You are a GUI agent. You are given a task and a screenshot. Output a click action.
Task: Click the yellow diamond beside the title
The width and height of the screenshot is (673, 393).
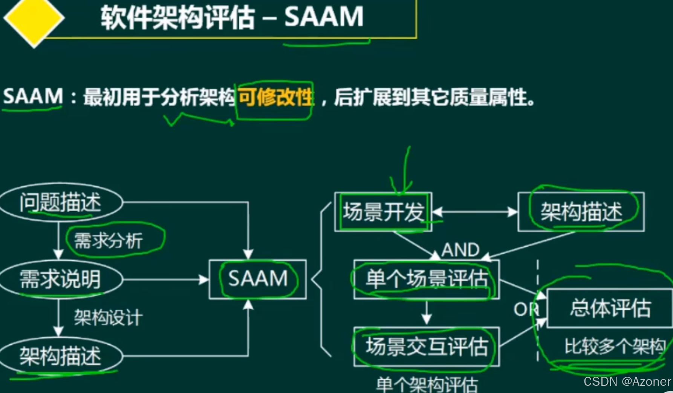pos(34,18)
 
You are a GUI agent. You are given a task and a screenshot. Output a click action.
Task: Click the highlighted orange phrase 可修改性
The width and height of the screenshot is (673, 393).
pos(275,97)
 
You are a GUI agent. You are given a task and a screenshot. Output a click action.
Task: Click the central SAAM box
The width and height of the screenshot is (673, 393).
pos(258,279)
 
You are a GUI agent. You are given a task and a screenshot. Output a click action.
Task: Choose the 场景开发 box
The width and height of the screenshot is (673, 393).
pos(383,212)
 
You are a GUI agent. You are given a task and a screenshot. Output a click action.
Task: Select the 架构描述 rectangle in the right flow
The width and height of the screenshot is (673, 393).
pos(581,212)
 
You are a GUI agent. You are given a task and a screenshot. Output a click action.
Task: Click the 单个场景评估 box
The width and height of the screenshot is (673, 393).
pos(427,279)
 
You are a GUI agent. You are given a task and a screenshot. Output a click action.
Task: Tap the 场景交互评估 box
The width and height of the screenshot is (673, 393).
pos(427,347)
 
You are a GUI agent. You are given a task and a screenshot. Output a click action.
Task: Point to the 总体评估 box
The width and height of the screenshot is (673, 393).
pos(610,308)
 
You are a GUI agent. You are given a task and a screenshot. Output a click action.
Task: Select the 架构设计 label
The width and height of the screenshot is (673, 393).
pos(109,318)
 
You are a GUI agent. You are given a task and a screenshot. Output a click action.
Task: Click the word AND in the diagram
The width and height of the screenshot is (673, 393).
pos(460,250)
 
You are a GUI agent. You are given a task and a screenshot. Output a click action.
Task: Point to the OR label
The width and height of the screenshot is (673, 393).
pos(526,310)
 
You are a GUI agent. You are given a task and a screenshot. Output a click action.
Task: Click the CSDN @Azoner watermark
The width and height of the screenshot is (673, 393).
pos(627,382)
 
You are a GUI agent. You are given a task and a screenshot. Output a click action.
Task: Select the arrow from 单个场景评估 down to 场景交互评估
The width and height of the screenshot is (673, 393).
pos(427,313)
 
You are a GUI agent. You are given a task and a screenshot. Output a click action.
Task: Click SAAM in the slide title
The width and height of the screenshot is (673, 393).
pos(324,17)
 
